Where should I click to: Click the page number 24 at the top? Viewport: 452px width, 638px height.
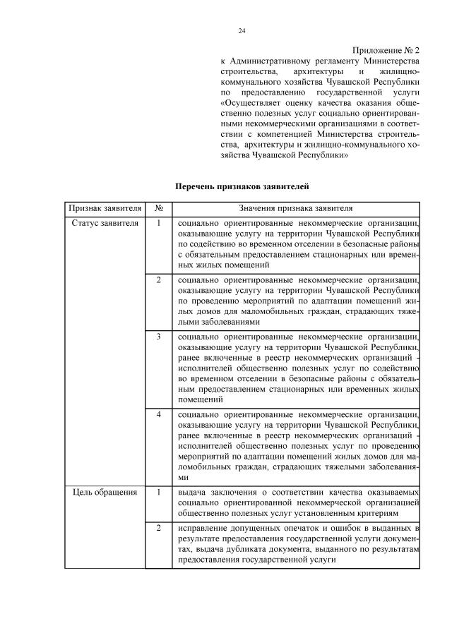tap(242, 31)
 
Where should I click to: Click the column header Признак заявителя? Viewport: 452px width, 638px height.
tap(104, 209)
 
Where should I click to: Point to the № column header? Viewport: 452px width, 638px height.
tap(159, 209)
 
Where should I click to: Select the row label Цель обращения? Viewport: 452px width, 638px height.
tap(104, 492)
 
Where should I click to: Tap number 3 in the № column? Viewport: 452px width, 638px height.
tap(159, 337)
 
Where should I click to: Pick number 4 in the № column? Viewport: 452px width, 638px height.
tap(159, 414)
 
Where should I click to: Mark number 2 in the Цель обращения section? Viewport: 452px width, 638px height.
tap(159, 528)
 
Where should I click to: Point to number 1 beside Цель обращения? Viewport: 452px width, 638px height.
tap(159, 492)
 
